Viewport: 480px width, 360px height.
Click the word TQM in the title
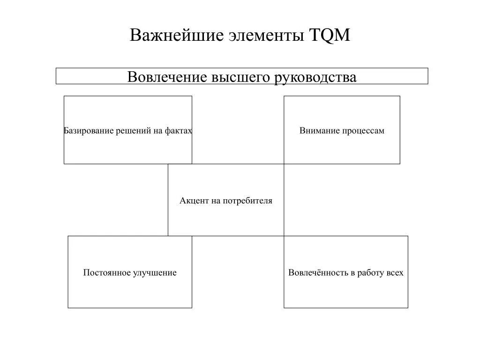330,36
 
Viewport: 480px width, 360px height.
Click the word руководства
315,77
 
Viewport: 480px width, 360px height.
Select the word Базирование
82,131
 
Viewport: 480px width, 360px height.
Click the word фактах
178,131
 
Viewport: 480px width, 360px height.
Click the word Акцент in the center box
192,201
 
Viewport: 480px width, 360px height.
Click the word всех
395,273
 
